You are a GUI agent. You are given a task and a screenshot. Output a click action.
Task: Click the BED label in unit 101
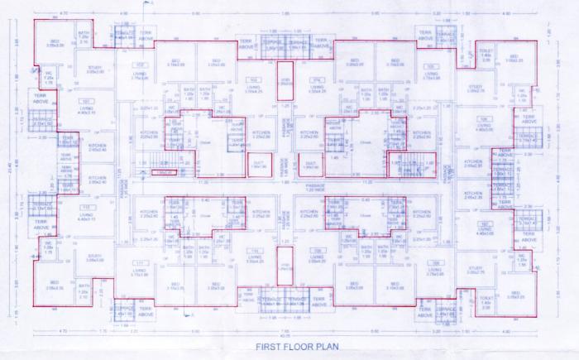55,41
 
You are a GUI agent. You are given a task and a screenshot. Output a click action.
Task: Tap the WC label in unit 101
48,80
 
